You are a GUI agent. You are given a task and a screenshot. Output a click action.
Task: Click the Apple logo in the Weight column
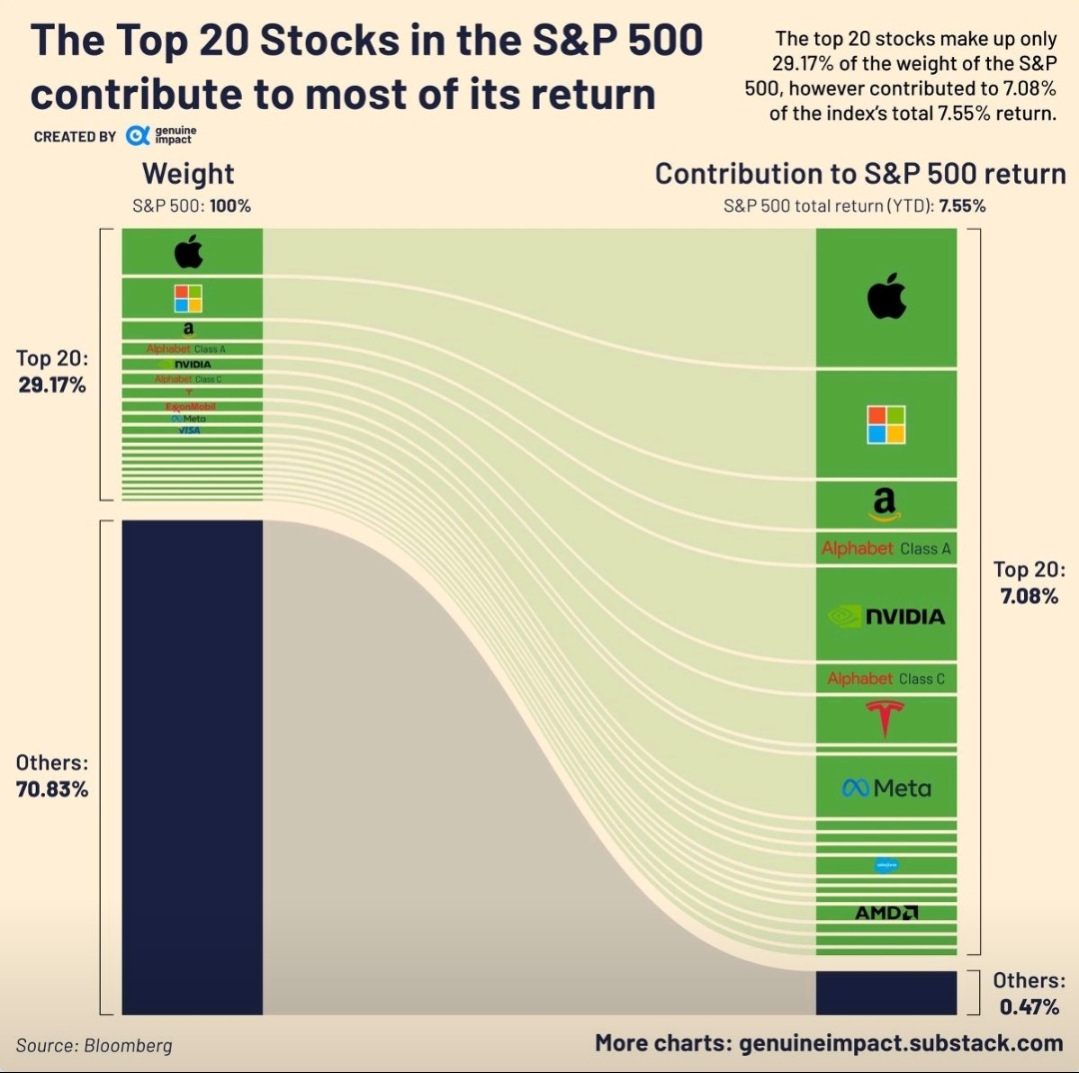pos(188,253)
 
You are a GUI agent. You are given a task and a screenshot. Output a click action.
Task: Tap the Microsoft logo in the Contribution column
pos(885,424)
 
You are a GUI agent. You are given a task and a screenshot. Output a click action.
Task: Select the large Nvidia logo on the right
pos(886,615)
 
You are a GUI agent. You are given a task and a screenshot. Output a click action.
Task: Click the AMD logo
pos(886,912)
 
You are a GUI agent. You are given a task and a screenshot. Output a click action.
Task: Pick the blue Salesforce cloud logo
pos(885,865)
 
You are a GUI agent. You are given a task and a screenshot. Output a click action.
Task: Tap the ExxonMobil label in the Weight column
pos(191,407)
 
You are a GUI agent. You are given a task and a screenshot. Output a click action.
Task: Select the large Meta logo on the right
pos(886,788)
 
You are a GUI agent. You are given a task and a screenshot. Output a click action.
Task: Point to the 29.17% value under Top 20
pos(52,384)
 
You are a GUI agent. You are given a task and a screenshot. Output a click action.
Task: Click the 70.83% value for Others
pos(52,789)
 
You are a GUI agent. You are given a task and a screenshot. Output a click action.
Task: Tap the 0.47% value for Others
pos(1029,1006)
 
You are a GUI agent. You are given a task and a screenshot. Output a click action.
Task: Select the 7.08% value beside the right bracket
pos(1029,596)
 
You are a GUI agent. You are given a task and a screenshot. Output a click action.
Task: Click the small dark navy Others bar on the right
pos(886,993)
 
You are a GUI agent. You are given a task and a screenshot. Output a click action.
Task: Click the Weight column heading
pos(188,174)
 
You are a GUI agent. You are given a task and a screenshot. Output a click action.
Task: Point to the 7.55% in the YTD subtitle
pos(962,207)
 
